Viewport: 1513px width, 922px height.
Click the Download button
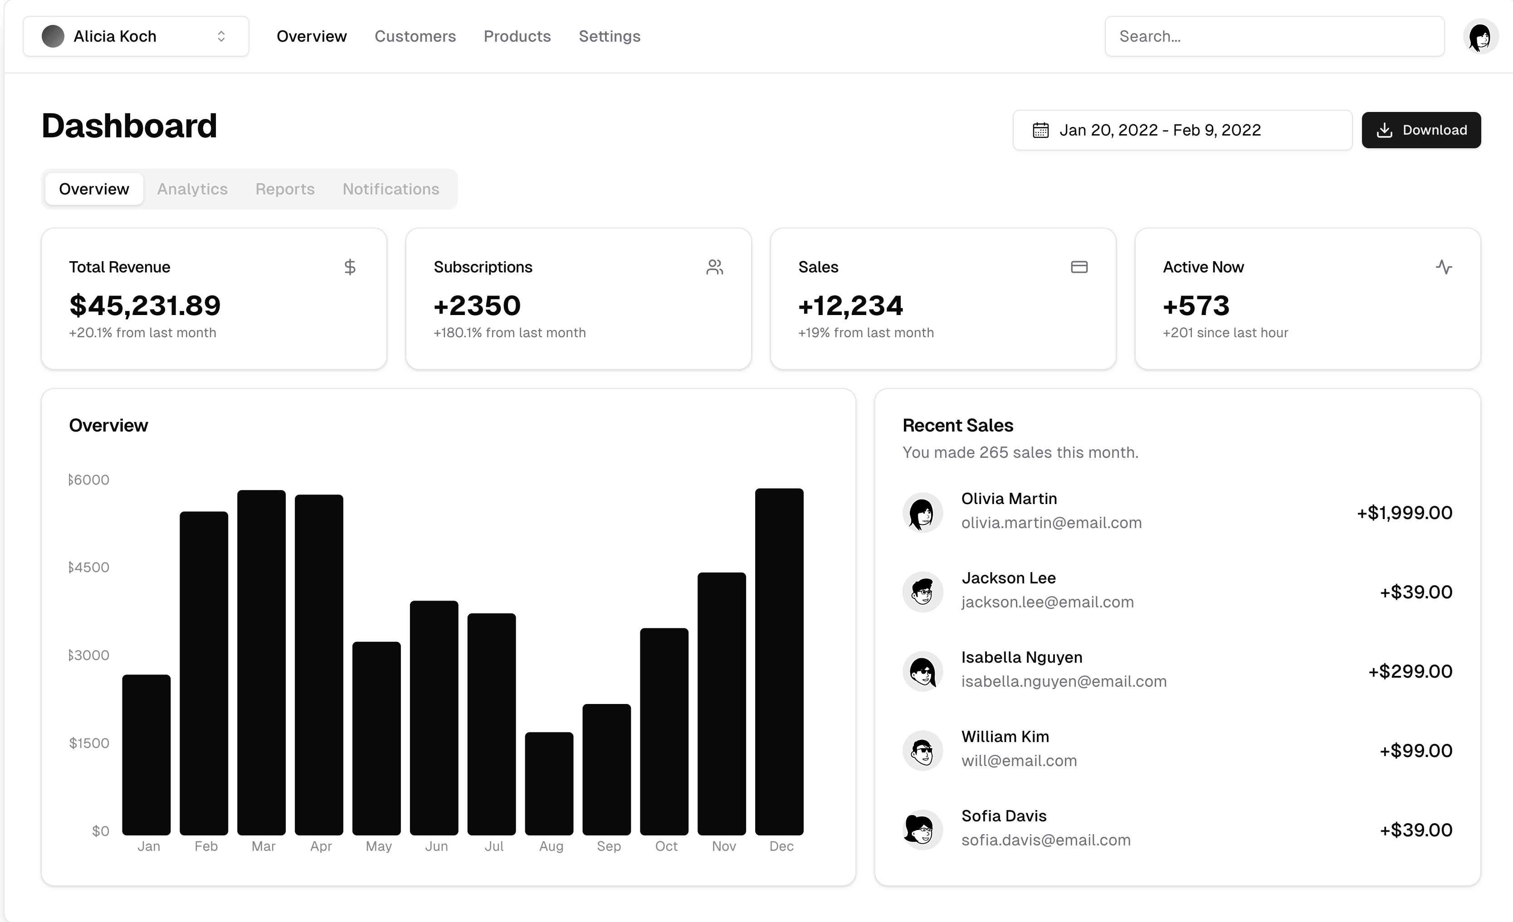(1421, 130)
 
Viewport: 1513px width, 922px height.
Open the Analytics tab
(192, 189)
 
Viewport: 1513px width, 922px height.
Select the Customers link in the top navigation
(415, 36)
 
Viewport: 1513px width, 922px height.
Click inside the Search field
(1274, 36)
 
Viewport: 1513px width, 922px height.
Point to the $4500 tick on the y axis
(89, 567)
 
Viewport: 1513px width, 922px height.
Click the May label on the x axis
(378, 846)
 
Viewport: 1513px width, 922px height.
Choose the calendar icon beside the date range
(1040, 130)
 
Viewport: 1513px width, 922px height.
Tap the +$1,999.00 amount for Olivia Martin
(1404, 513)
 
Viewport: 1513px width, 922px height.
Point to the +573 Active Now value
(1196, 305)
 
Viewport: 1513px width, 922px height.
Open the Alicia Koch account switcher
(136, 36)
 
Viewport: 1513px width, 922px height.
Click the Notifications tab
(390, 189)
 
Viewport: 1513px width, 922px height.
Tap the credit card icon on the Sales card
(1079, 267)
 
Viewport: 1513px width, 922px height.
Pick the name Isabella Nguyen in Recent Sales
(1022, 657)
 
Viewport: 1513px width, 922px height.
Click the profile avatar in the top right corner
(1480, 36)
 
